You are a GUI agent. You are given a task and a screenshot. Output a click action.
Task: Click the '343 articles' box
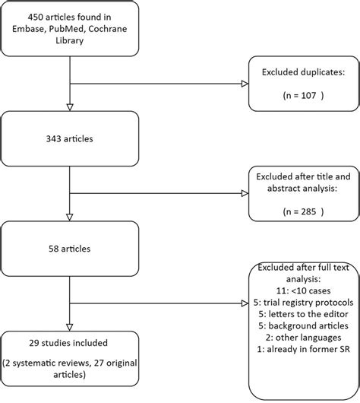70,138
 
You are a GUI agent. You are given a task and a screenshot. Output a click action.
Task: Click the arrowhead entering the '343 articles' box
70,106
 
